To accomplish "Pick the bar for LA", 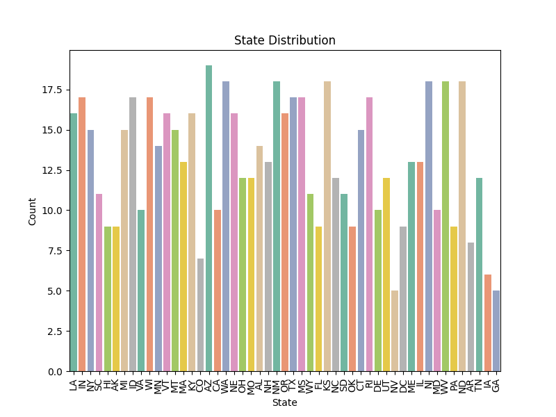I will coord(74,243).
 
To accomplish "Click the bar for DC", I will coord(403,299).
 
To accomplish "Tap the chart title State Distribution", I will coord(285,40).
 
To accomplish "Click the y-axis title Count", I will coord(33,211).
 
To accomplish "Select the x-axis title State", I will coord(285,402).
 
